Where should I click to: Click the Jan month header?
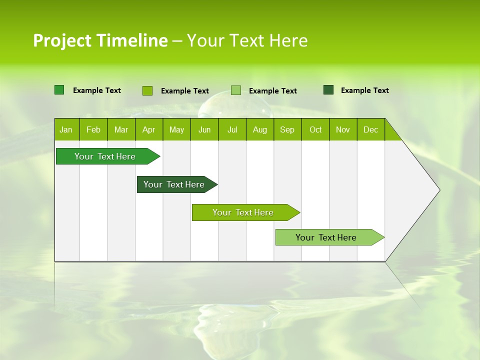tap(66, 130)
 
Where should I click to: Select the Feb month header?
tap(93, 130)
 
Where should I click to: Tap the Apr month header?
tap(148, 130)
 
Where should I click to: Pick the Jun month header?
tap(204, 130)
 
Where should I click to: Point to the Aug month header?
tap(260, 130)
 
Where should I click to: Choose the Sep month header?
tap(287, 130)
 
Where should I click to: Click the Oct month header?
tap(315, 130)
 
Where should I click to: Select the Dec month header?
tap(370, 130)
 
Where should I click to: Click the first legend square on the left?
tap(59, 90)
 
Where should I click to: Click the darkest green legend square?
tap(328, 90)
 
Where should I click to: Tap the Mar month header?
tap(121, 130)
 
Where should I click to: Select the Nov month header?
tap(343, 130)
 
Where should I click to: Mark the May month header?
tap(176, 130)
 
